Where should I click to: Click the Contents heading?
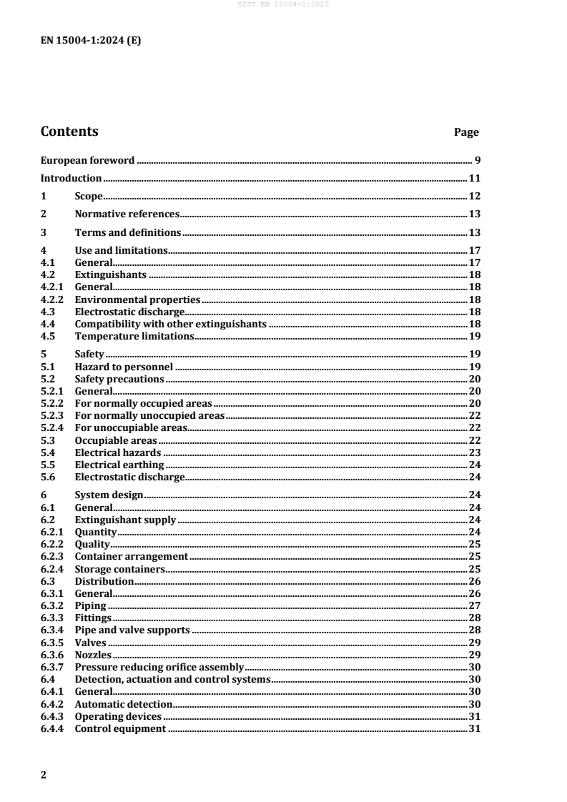pos(69,132)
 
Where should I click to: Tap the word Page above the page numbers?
pos(466,132)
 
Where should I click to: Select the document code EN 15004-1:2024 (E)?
pos(91,40)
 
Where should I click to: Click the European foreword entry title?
pos(87,160)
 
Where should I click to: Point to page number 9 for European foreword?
pos(476,160)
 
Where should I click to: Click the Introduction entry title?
pos(71,178)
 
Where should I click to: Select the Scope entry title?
pos(89,196)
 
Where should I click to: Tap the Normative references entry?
pos(127,214)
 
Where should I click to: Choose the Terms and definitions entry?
pos(127,232)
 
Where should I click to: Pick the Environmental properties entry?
pos(137,300)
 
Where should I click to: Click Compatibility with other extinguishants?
pos(171,324)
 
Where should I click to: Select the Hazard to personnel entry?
pos(124,367)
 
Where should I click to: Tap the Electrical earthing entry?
pos(119,464)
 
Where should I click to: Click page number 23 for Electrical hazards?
pos(473,452)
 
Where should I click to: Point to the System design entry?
pos(109,495)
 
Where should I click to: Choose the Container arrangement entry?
pos(132,556)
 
